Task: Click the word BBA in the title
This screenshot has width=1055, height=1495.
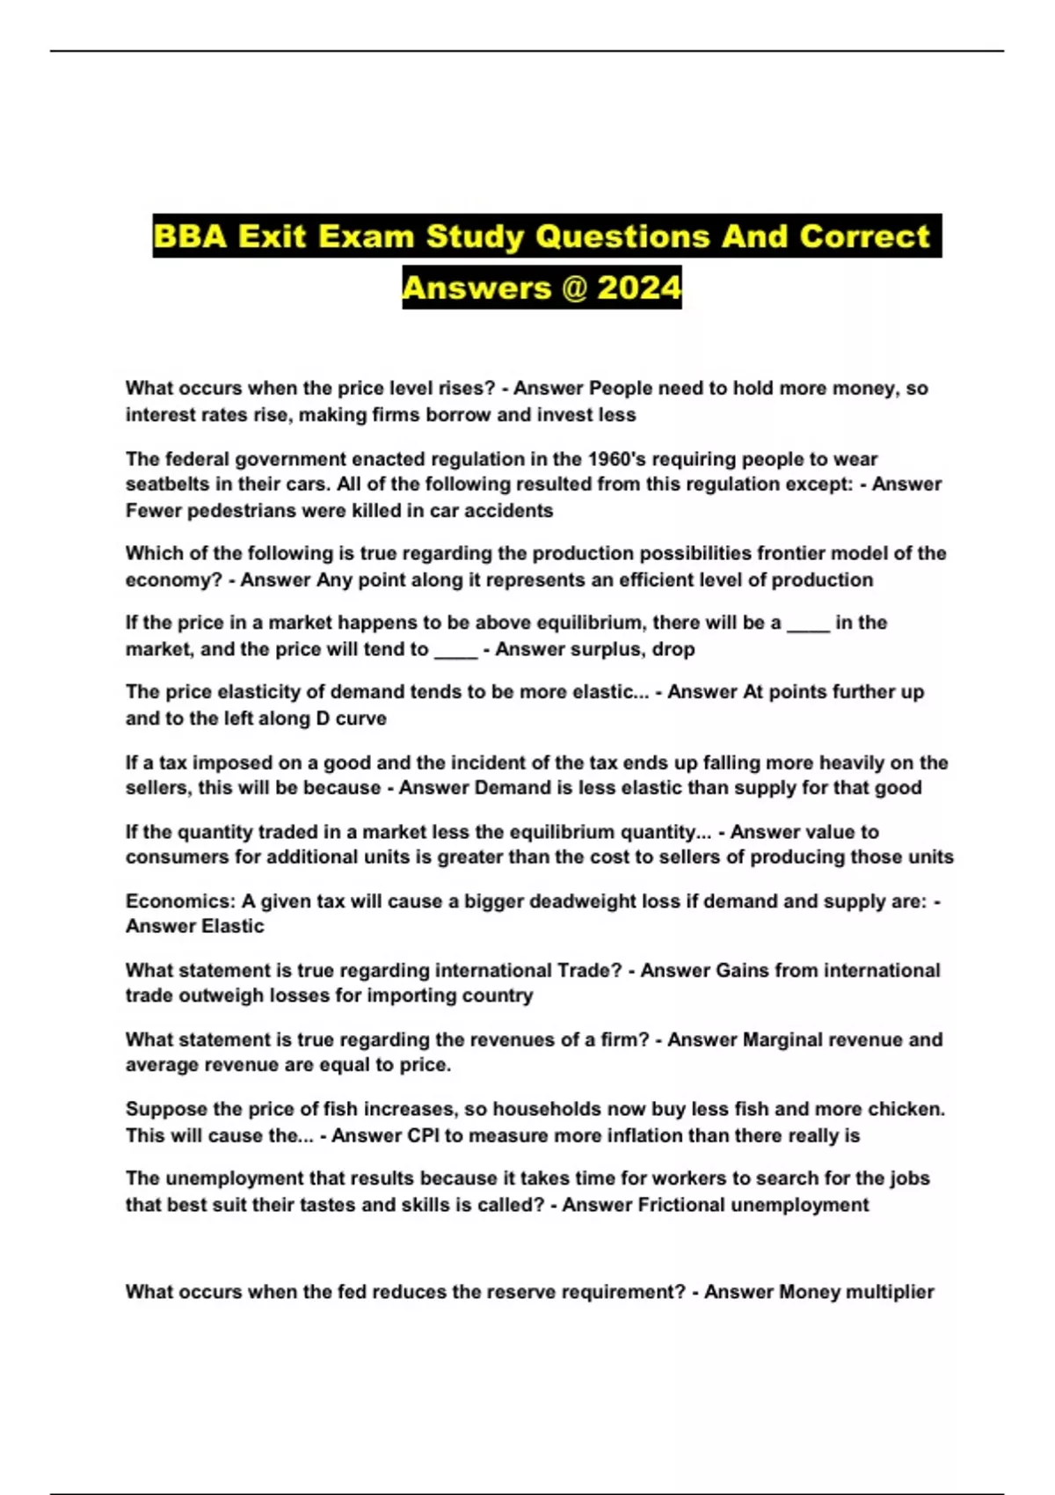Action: coord(189,237)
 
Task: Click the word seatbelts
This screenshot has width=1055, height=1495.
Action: coord(169,485)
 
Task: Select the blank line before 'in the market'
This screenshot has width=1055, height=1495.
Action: coord(808,624)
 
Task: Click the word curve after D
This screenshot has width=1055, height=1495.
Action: coord(360,718)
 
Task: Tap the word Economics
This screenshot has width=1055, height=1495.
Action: coord(179,901)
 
